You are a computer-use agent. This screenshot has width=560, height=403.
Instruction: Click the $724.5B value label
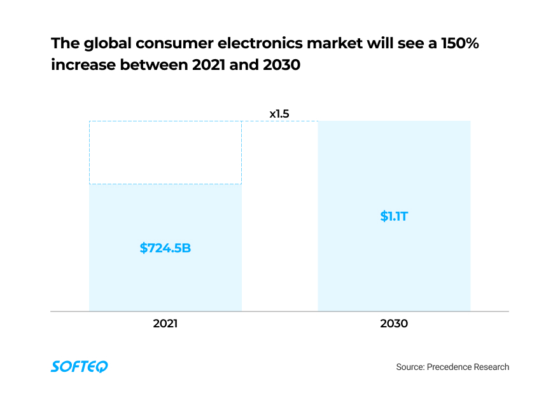(x=165, y=248)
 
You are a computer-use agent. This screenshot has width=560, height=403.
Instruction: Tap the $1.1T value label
(x=394, y=216)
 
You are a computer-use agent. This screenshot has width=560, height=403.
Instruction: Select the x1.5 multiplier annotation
(x=279, y=114)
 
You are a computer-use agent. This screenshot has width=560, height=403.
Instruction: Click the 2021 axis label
(x=165, y=323)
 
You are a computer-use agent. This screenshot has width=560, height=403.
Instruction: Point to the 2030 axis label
(x=394, y=323)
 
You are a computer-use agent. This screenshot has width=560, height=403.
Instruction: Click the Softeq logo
(x=79, y=366)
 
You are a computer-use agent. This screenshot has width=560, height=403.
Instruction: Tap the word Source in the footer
(x=409, y=367)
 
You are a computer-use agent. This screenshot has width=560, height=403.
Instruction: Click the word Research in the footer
(x=491, y=367)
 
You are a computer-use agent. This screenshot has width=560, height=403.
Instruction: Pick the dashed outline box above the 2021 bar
(x=165, y=153)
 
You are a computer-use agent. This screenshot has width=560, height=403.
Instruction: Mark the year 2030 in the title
(x=279, y=65)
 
